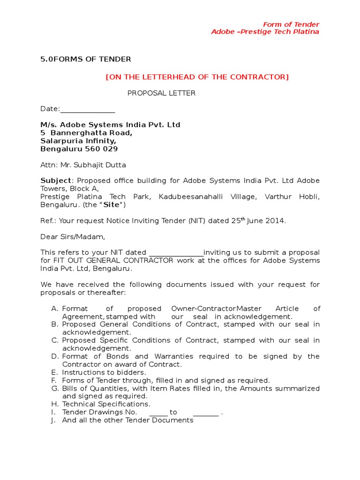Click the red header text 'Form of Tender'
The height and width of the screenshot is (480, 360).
tap(291, 24)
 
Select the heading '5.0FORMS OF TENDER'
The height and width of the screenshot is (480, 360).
tap(86, 59)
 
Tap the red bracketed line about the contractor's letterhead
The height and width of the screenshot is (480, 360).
tap(197, 77)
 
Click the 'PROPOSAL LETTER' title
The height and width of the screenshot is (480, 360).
tap(162, 93)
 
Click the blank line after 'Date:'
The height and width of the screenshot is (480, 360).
tap(88, 109)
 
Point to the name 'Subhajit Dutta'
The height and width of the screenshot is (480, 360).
tap(104, 165)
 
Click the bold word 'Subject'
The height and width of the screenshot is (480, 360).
tap(56, 181)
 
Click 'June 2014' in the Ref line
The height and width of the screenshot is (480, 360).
tap(269, 221)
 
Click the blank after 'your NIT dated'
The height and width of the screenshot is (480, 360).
tap(176, 253)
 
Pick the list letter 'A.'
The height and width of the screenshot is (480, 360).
tap(55, 308)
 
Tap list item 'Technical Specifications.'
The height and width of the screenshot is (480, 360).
tap(106, 404)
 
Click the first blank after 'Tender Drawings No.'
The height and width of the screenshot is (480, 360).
tap(158, 412)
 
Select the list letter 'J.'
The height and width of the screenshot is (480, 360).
tap(54, 420)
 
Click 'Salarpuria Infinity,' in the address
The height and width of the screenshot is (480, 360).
tap(78, 141)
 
